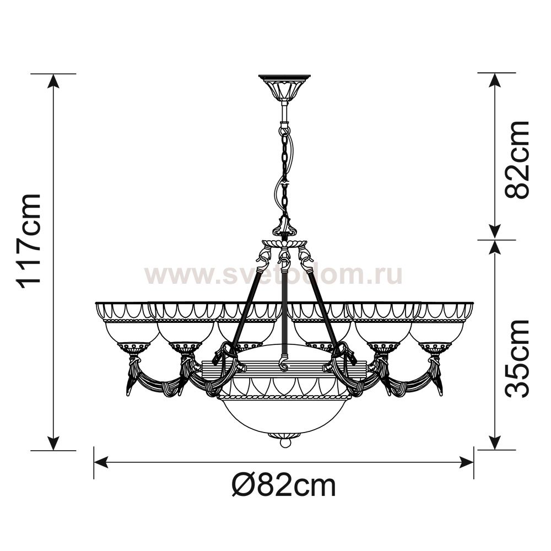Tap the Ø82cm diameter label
(284, 485)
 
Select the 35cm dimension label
(517, 359)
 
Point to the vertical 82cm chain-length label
(517, 160)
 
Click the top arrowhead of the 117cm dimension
(53, 82)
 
